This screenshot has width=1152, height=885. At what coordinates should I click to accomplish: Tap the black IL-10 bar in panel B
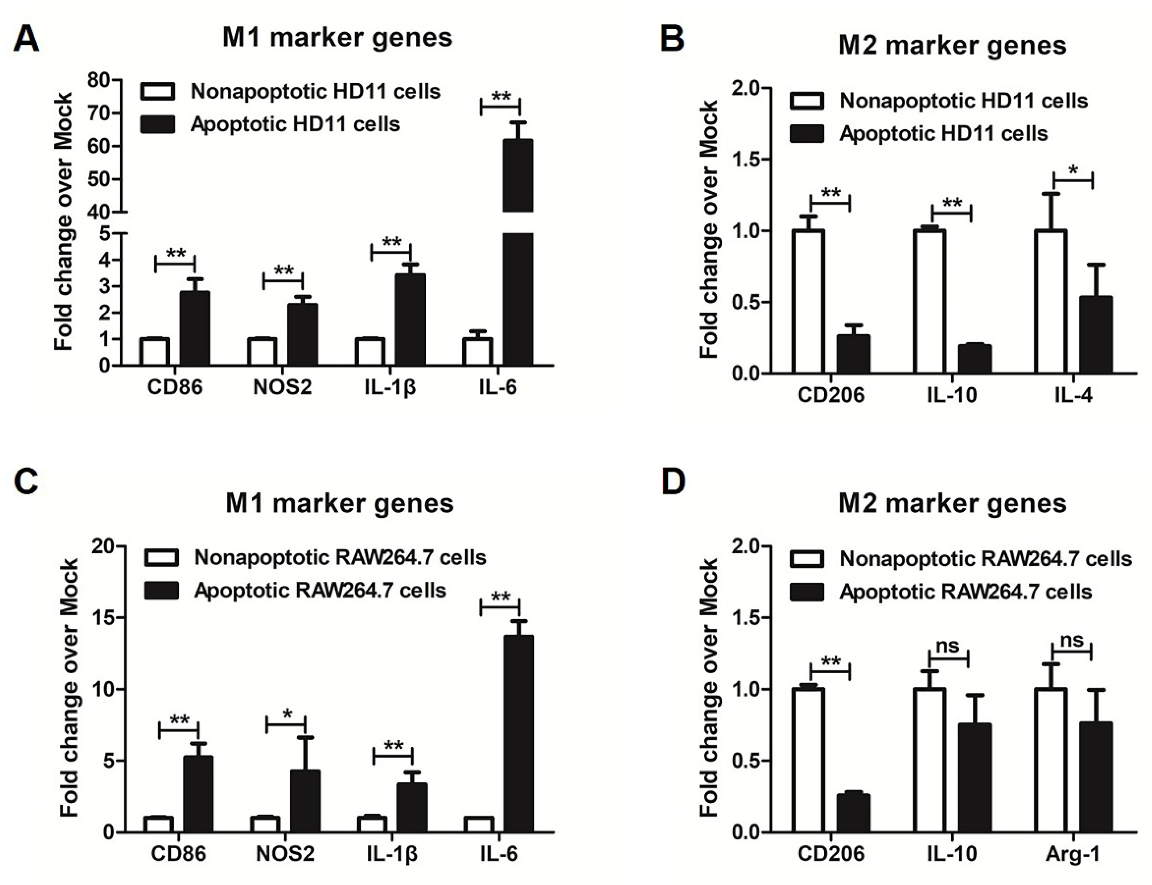pos(974,359)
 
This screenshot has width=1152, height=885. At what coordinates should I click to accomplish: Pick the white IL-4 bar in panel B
pos(1050,302)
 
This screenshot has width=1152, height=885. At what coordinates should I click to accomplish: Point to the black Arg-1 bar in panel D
pos(1096,777)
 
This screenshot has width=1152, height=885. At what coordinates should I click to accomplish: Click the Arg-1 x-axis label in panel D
pos(1072,854)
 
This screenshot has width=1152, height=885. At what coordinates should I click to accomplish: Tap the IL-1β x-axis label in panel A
pos(390,387)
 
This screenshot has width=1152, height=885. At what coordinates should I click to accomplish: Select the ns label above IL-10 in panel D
pos(948,645)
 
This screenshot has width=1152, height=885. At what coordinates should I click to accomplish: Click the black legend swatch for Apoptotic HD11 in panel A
pos(158,124)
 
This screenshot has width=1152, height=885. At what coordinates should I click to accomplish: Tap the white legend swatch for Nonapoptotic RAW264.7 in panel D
pos(806,559)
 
